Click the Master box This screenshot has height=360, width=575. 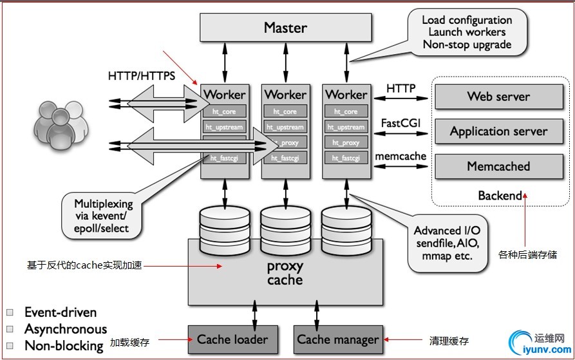pyautogui.click(x=285, y=28)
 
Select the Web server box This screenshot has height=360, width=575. pyautogui.click(x=498, y=97)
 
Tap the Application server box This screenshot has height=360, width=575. pyautogui.click(x=498, y=131)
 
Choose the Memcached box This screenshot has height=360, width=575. pyautogui.click(x=498, y=166)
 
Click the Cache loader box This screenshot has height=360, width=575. pyautogui.click(x=232, y=339)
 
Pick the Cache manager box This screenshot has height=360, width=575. pyautogui.click(x=338, y=339)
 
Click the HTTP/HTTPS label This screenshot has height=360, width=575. pyautogui.click(x=142, y=76)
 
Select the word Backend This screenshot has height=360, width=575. pyautogui.click(x=500, y=195)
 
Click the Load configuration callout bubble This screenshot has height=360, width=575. pyautogui.click(x=467, y=32)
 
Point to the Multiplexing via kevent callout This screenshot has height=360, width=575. pyautogui.click(x=103, y=216)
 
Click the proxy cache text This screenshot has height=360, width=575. pyautogui.click(x=285, y=273)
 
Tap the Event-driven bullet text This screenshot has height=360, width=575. pyautogui.click(x=61, y=312)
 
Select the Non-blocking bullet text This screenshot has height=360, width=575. pyautogui.click(x=64, y=346)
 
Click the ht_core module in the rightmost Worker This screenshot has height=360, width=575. pyautogui.click(x=346, y=111)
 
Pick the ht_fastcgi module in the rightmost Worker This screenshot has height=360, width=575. pyautogui.click(x=346, y=158)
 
